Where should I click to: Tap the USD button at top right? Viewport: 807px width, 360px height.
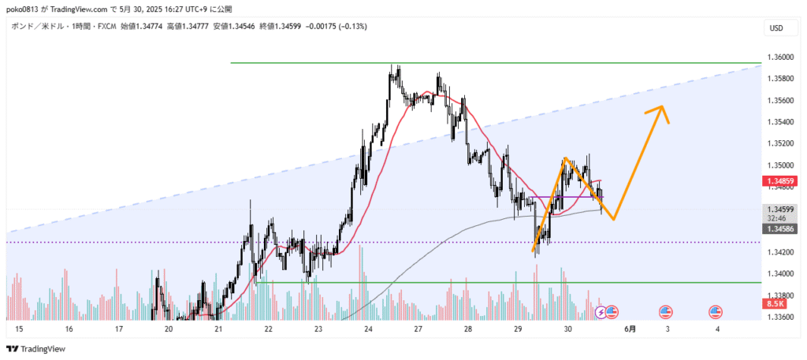(x=776, y=29)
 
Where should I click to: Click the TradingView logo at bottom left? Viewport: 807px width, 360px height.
(x=37, y=349)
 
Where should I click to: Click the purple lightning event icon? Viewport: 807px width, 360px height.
(x=601, y=312)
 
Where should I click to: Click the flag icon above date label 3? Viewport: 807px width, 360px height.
(x=665, y=312)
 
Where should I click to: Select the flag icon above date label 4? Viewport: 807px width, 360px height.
(x=716, y=312)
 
